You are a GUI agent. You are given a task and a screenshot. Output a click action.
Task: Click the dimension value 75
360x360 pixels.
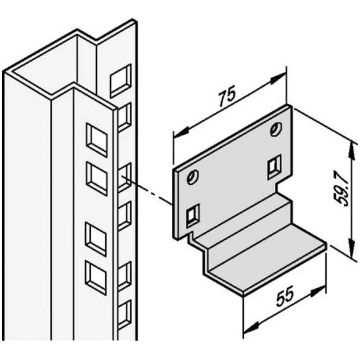(227, 95)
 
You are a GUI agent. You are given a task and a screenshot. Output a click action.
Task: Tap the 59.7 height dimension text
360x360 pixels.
(342, 192)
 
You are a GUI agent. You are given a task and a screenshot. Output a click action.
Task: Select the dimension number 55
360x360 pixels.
(284, 295)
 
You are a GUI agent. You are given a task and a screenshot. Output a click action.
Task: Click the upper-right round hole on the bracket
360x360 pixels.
(276, 128)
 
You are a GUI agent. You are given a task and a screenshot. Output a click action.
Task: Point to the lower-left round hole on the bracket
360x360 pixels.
(192, 177)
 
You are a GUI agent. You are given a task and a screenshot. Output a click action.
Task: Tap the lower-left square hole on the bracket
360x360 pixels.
(193, 215)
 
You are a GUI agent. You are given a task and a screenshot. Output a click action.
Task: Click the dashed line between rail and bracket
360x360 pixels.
(149, 191)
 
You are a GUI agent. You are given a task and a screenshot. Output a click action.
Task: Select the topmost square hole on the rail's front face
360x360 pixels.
(97, 140)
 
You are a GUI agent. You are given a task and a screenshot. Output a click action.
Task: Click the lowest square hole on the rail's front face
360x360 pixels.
(96, 278)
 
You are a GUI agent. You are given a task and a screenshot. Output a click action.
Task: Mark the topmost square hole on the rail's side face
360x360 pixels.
(121, 81)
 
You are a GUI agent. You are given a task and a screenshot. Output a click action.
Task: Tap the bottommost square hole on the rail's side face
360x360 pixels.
(125, 315)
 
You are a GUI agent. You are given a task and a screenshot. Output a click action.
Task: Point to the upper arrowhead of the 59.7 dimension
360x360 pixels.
(351, 150)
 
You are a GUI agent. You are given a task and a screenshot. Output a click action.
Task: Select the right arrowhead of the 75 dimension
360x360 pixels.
(278, 79)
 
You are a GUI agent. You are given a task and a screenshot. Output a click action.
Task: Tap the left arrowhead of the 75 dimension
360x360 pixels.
(182, 132)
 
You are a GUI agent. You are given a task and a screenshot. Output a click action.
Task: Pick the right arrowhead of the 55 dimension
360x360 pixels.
(317, 290)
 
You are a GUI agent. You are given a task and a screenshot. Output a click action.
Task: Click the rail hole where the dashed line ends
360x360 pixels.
(125, 177)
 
